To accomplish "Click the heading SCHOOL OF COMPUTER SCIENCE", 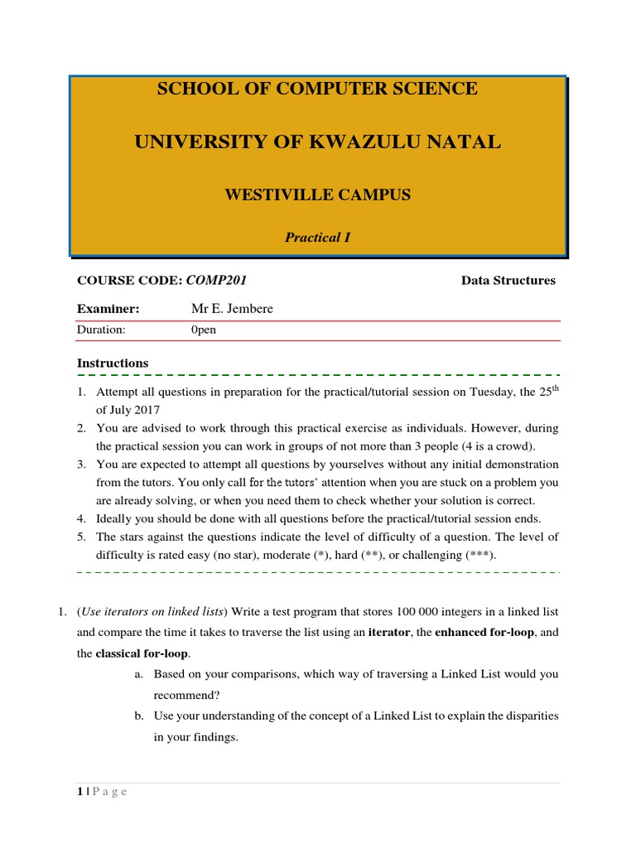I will pyautogui.click(x=317, y=89).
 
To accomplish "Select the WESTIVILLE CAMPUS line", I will pyautogui.click(x=317, y=195).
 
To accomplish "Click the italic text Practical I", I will pyautogui.click(x=317, y=238).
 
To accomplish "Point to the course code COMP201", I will pyautogui.click(x=216, y=281).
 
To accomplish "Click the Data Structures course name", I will pyautogui.click(x=508, y=281).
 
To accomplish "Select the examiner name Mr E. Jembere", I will pyautogui.click(x=232, y=309).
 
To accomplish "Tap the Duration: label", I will pyautogui.click(x=100, y=330).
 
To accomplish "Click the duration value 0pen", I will pyautogui.click(x=204, y=330).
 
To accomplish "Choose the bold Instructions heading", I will pyautogui.click(x=113, y=363).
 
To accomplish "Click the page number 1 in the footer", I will pyautogui.click(x=79, y=792).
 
